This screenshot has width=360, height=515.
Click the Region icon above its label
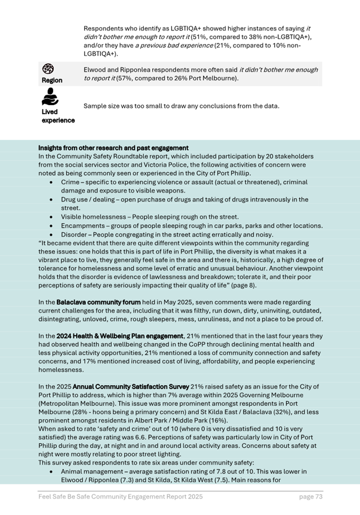(x=49, y=69)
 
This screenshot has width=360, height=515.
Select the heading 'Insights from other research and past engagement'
(x=113, y=148)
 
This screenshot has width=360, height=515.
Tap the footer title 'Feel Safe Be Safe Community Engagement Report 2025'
(x=120, y=496)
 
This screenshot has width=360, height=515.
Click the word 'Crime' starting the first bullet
(x=70, y=182)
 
